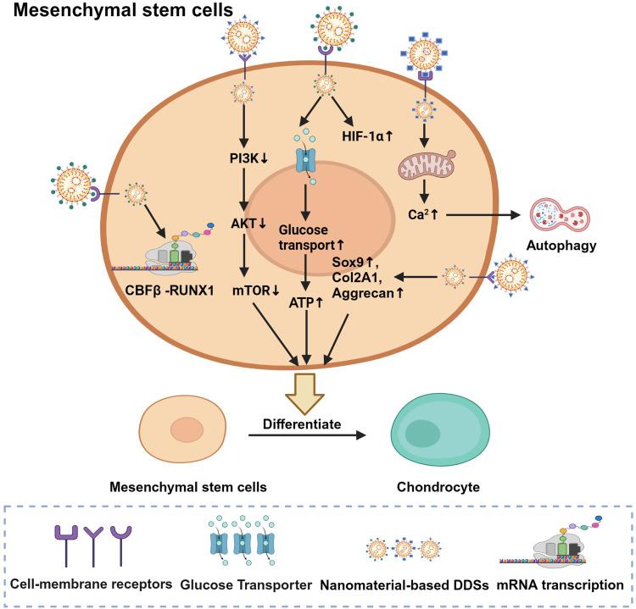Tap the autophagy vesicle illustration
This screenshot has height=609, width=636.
point(557,218)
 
